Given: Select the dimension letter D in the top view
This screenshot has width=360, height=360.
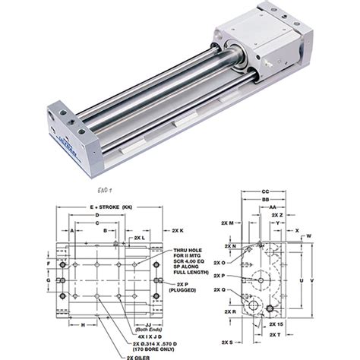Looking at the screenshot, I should [x=100, y=216].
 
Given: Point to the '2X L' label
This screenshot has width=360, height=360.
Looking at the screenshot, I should [x=141, y=238].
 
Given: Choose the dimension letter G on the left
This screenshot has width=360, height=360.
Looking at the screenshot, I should [x=49, y=280].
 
